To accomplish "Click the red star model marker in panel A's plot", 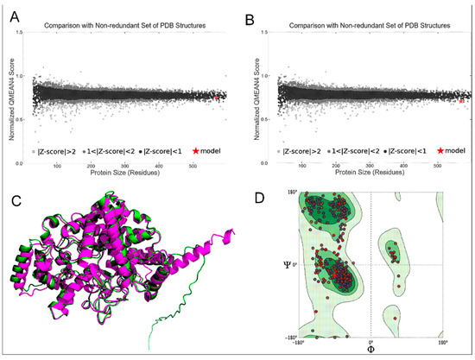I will coord(218,99).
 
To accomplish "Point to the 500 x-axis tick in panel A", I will coord(199,167).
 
